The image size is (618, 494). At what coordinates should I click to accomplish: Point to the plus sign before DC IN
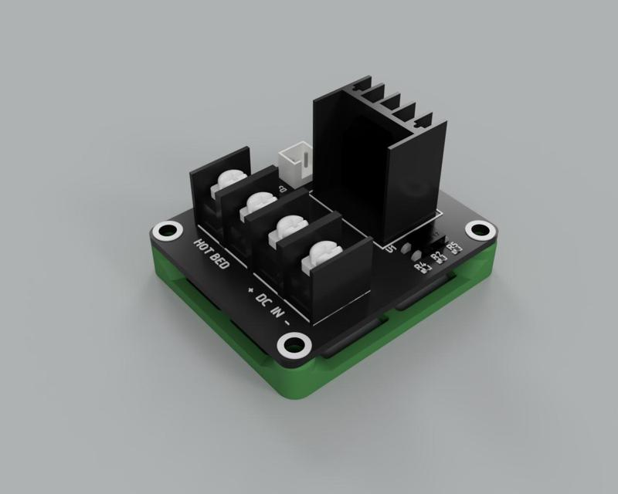250,287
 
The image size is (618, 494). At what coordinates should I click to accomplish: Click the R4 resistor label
421,267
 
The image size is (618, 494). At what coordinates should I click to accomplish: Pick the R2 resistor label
437,256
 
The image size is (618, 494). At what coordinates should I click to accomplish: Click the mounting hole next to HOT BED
165,231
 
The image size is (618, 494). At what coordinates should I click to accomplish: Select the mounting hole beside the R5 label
481,229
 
